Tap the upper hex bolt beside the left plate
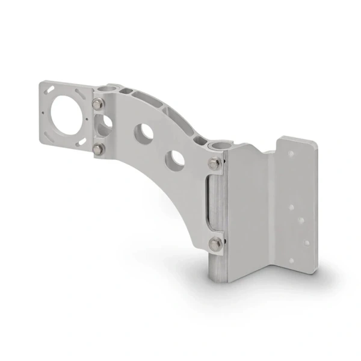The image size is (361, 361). (x=97, y=104)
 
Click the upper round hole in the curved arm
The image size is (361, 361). (x=144, y=133)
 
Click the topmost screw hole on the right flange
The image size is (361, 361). (x=292, y=154)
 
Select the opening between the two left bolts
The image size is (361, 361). (x=104, y=126)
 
